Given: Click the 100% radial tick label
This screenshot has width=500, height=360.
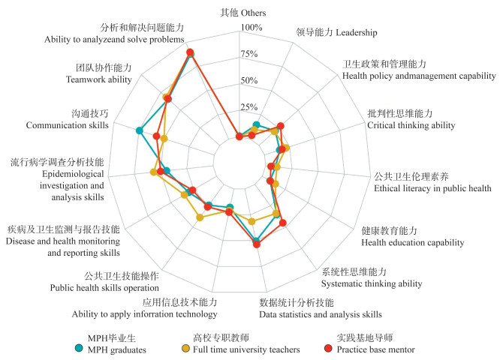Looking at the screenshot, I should pos(252,28).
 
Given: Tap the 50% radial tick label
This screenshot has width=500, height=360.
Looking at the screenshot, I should pos(249,80).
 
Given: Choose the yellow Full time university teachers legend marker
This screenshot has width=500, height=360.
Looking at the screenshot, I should pos(185,348).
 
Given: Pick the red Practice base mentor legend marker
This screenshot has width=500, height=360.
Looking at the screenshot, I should pos(327,348).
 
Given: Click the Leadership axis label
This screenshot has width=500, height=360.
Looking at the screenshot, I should pos(337,33).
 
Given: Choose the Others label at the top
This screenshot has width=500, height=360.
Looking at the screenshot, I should pos(242,13).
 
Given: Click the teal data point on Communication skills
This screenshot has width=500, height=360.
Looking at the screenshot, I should pos(139,131).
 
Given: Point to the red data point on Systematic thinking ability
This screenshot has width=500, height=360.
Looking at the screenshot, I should pos(282,223).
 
